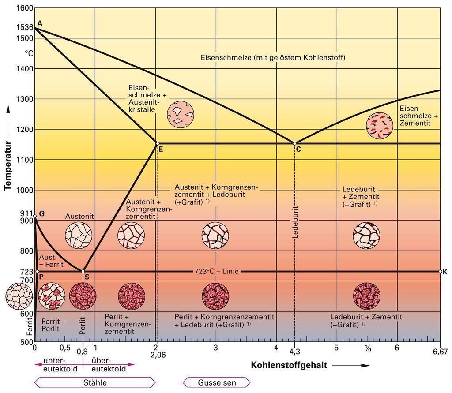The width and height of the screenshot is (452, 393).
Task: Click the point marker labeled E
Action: pyautogui.click(x=157, y=143)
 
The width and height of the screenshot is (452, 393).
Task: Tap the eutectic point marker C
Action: pyautogui.click(x=294, y=143)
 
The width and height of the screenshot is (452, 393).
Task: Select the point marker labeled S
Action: pyautogui.click(x=83, y=271)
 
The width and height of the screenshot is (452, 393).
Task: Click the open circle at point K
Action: pyautogui.click(x=440, y=271)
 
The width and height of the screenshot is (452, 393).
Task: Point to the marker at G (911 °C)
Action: pyautogui.click(x=35, y=217)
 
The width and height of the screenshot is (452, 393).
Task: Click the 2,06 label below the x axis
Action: pyautogui.click(x=158, y=354)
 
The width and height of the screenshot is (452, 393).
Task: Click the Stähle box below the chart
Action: pyautogui.click(x=95, y=382)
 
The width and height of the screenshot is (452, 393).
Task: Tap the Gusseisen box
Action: pyautogui.click(x=217, y=382)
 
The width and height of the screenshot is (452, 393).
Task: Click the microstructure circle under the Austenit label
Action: pyautogui.click(x=79, y=236)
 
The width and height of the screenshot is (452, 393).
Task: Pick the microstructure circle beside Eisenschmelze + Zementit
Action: pyautogui.click(x=380, y=125)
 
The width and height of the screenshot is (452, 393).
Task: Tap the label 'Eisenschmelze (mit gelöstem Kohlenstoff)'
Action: pyautogui.click(x=273, y=57)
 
